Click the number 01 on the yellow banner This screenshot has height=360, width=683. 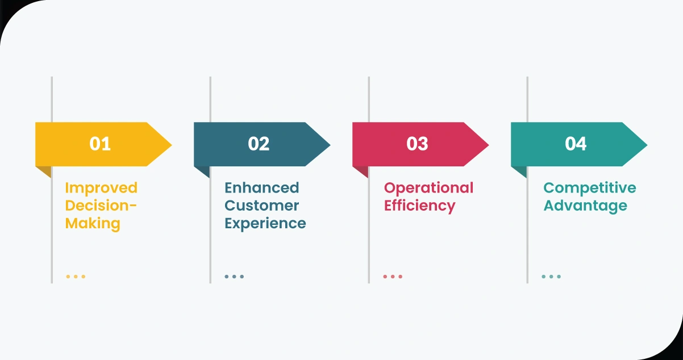[x=100, y=144]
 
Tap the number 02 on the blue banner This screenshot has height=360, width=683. [x=259, y=144]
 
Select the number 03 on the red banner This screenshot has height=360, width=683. [x=417, y=144]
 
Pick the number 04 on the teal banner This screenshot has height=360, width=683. [x=576, y=144]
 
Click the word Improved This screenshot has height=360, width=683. [x=101, y=187]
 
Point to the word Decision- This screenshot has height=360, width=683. [x=101, y=205]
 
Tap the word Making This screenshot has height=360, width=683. [x=93, y=223]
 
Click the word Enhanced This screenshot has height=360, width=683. [x=261, y=187]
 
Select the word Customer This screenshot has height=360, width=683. [x=261, y=205]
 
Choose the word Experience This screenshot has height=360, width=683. [x=265, y=223]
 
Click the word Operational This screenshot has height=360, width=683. [x=428, y=187]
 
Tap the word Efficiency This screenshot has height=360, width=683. [x=419, y=205]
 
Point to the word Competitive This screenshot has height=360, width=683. [x=590, y=187]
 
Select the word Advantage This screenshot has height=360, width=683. [x=585, y=205]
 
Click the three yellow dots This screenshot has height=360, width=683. [x=76, y=277]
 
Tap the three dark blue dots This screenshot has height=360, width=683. [x=234, y=277]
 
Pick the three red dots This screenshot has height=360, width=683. [x=393, y=277]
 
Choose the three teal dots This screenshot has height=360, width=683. [x=551, y=277]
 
